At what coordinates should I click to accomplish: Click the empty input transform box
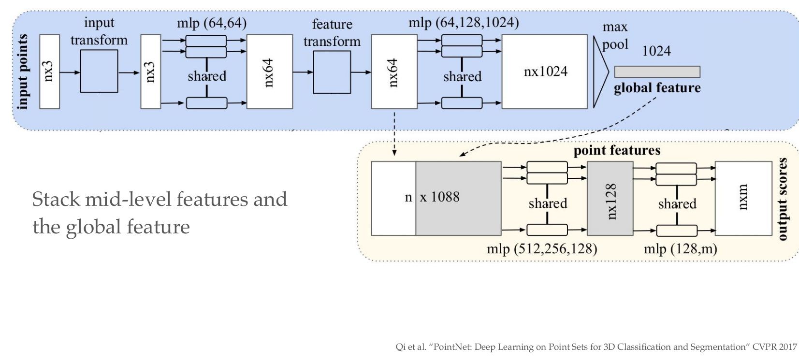pyautogui.click(x=99, y=71)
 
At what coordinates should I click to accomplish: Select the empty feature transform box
pyautogui.click(x=332, y=72)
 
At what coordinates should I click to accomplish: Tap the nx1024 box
pyautogui.click(x=545, y=72)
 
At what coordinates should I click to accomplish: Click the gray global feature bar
pyautogui.click(x=657, y=72)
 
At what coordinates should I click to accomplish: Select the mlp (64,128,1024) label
pyautogui.click(x=464, y=23)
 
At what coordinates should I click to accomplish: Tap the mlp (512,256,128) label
pyautogui.click(x=542, y=248)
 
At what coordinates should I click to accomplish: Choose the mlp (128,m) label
pyautogui.click(x=680, y=248)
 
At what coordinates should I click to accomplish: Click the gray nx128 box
pyautogui.click(x=610, y=199)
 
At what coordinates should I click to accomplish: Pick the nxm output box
pyautogui.click(x=743, y=199)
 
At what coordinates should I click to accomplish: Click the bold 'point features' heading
pyautogui.click(x=617, y=151)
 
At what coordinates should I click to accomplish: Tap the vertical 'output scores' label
pyautogui.click(x=783, y=199)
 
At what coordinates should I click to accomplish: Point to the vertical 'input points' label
pyautogui.click(x=23, y=72)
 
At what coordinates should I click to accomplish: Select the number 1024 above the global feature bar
pyautogui.click(x=656, y=51)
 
